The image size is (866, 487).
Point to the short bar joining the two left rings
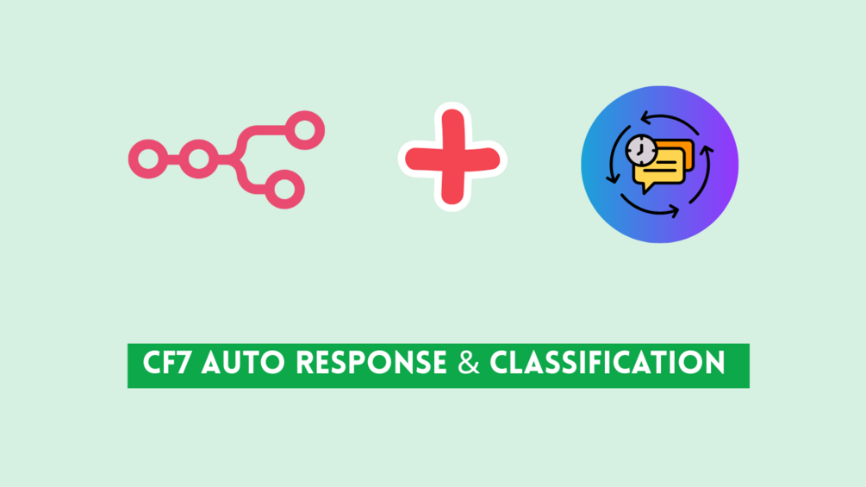click(173, 159)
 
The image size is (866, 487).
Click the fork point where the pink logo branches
click(239, 159)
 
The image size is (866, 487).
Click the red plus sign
click(452, 159)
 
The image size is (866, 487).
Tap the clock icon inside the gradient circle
click(641, 150)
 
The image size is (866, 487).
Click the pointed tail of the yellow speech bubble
click(645, 190)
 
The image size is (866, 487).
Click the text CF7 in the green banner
click(167, 364)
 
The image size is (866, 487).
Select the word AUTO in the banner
click(242, 364)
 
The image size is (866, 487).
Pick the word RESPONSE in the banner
click(371, 364)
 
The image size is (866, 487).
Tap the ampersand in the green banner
click(469, 364)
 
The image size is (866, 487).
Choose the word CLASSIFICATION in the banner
click(607, 364)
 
